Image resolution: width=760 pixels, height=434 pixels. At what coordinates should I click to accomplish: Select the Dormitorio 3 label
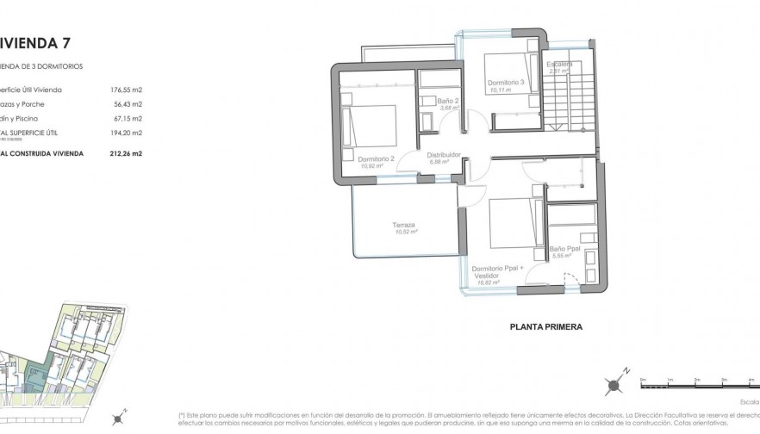[506, 82]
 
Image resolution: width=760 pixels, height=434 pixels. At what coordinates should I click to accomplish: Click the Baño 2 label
[447, 102]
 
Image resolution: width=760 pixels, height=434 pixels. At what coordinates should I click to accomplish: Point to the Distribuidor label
[445, 155]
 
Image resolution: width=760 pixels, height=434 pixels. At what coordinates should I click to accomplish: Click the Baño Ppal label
[565, 249]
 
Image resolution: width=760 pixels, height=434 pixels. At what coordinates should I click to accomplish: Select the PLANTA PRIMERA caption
[546, 327]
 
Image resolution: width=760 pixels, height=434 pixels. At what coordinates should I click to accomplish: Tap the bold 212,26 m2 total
[126, 153]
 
